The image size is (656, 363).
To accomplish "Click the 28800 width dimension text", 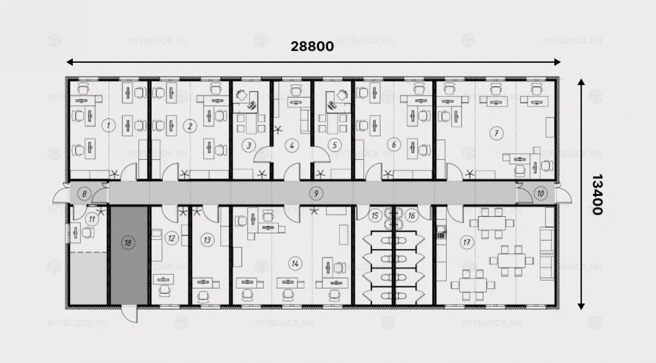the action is pyautogui.click(x=312, y=46).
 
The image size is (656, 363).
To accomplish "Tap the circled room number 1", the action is pyautogui.click(x=108, y=125).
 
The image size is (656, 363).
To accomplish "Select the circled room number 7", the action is pyautogui.click(x=497, y=133).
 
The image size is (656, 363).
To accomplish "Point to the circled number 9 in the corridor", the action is pyautogui.click(x=316, y=193).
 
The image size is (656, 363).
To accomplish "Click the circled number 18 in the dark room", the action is pyautogui.click(x=128, y=243).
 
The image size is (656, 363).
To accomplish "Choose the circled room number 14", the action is pyautogui.click(x=295, y=263).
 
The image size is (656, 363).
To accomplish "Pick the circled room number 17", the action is pyautogui.click(x=467, y=242).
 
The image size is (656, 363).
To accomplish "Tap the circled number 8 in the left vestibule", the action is pyautogui.click(x=84, y=193).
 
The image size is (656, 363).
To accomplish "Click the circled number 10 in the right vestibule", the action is pyautogui.click(x=540, y=193).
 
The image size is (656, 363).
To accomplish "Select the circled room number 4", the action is pyautogui.click(x=292, y=145).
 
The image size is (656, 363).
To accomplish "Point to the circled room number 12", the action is pyautogui.click(x=171, y=238).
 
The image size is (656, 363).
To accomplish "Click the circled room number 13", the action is pyautogui.click(x=207, y=240).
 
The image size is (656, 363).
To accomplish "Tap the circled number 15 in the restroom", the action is pyautogui.click(x=375, y=216).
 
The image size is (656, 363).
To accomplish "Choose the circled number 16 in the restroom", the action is pyautogui.click(x=411, y=216).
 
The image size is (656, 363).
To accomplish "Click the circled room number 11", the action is pyautogui.click(x=92, y=219).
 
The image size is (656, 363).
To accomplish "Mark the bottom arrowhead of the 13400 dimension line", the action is pyautogui.click(x=581, y=306).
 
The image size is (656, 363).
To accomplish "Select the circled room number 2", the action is pyautogui.click(x=190, y=126).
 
